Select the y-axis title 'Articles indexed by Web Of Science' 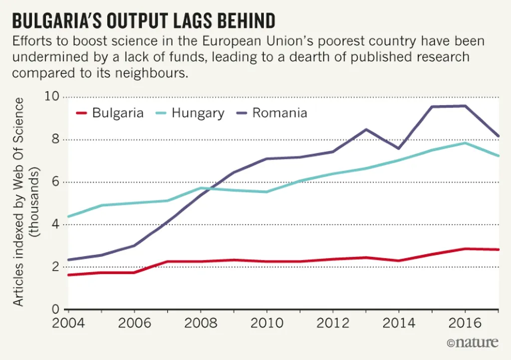[x=18, y=202]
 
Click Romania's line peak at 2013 [x=366, y=130]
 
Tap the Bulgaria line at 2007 [x=167, y=262]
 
